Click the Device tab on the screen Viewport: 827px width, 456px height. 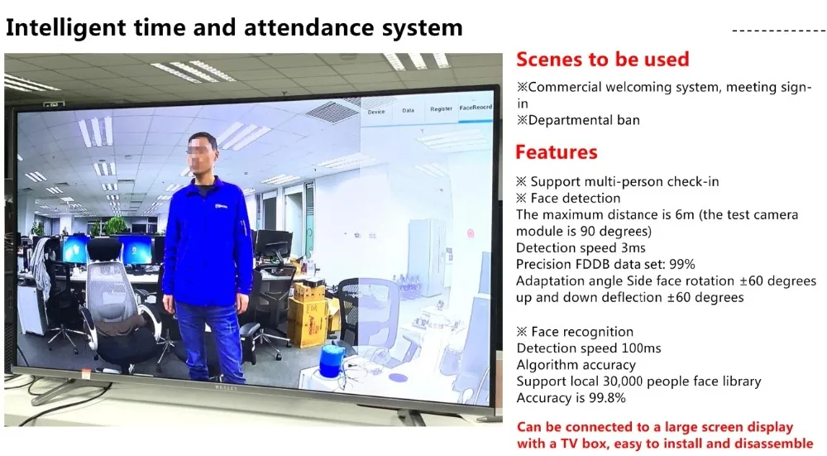(376, 112)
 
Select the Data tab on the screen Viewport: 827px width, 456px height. (409, 110)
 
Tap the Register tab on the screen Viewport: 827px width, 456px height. (441, 108)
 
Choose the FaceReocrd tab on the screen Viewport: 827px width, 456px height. (476, 107)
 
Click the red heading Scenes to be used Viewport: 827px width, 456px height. (602, 59)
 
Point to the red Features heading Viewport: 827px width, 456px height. (557, 152)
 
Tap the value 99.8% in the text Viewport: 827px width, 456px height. (608, 398)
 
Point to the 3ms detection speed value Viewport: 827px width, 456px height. (633, 248)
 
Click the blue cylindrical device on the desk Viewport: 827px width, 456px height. (332, 361)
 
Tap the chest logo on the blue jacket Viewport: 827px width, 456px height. (222, 206)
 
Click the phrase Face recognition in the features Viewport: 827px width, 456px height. (582, 332)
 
